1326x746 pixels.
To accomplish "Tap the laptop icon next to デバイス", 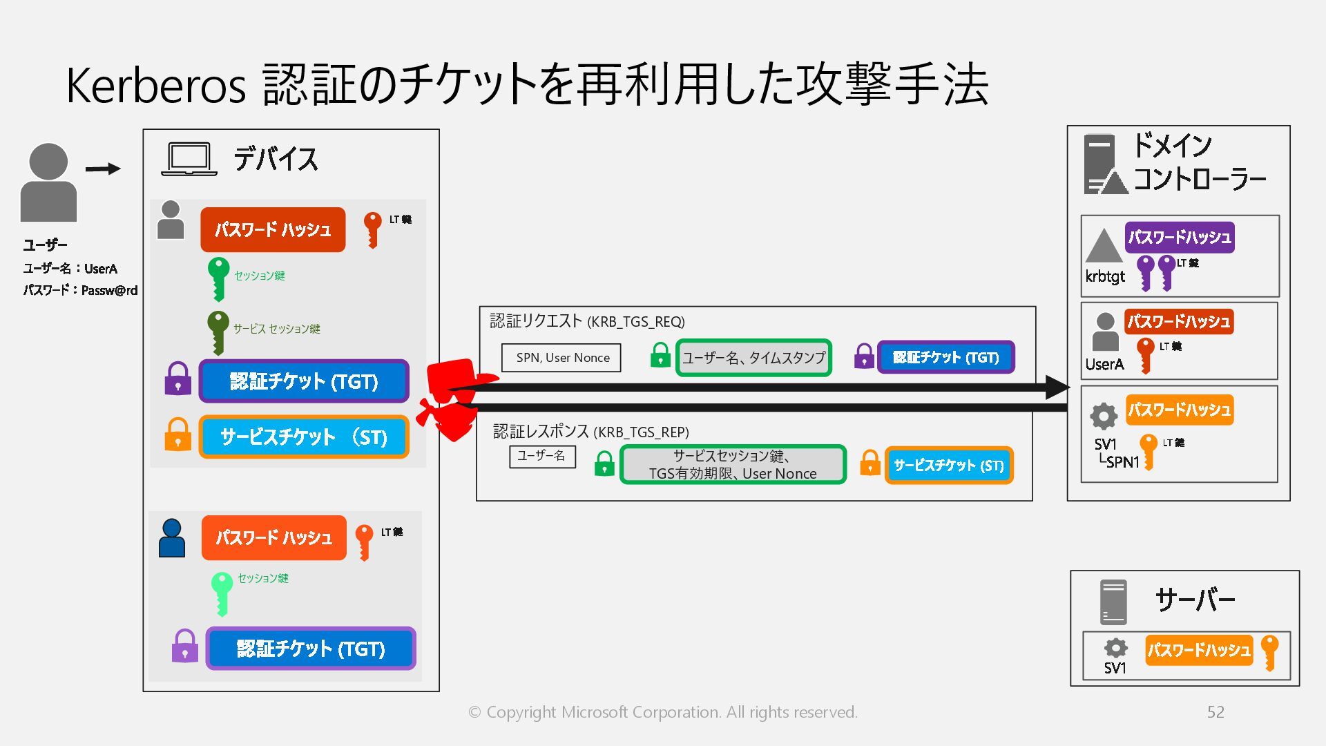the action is (189, 160).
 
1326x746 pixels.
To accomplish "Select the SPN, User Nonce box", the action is (561, 358).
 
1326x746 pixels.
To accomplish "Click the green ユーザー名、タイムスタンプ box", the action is (753, 358).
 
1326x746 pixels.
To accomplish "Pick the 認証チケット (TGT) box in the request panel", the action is (945, 358).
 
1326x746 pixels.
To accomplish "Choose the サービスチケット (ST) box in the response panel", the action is (948, 466).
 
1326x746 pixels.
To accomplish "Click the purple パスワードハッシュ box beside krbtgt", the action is (1179, 238).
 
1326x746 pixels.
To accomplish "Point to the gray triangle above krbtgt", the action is (1103, 246).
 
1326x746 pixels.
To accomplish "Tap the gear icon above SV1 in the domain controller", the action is (1103, 416).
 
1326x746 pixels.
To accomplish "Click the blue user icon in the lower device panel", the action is (172, 538).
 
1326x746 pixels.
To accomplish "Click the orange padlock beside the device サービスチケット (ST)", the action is (177, 434).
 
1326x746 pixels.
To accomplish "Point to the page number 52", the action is (1215, 712).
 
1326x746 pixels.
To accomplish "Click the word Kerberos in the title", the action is (155, 86).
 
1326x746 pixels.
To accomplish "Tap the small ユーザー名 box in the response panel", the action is (542, 457).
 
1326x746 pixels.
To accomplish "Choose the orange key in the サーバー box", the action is (1269, 652).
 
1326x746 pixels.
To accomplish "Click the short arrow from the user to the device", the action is (103, 169).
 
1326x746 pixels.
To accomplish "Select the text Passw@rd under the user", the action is (109, 291).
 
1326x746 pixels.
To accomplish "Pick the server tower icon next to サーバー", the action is (1113, 602).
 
